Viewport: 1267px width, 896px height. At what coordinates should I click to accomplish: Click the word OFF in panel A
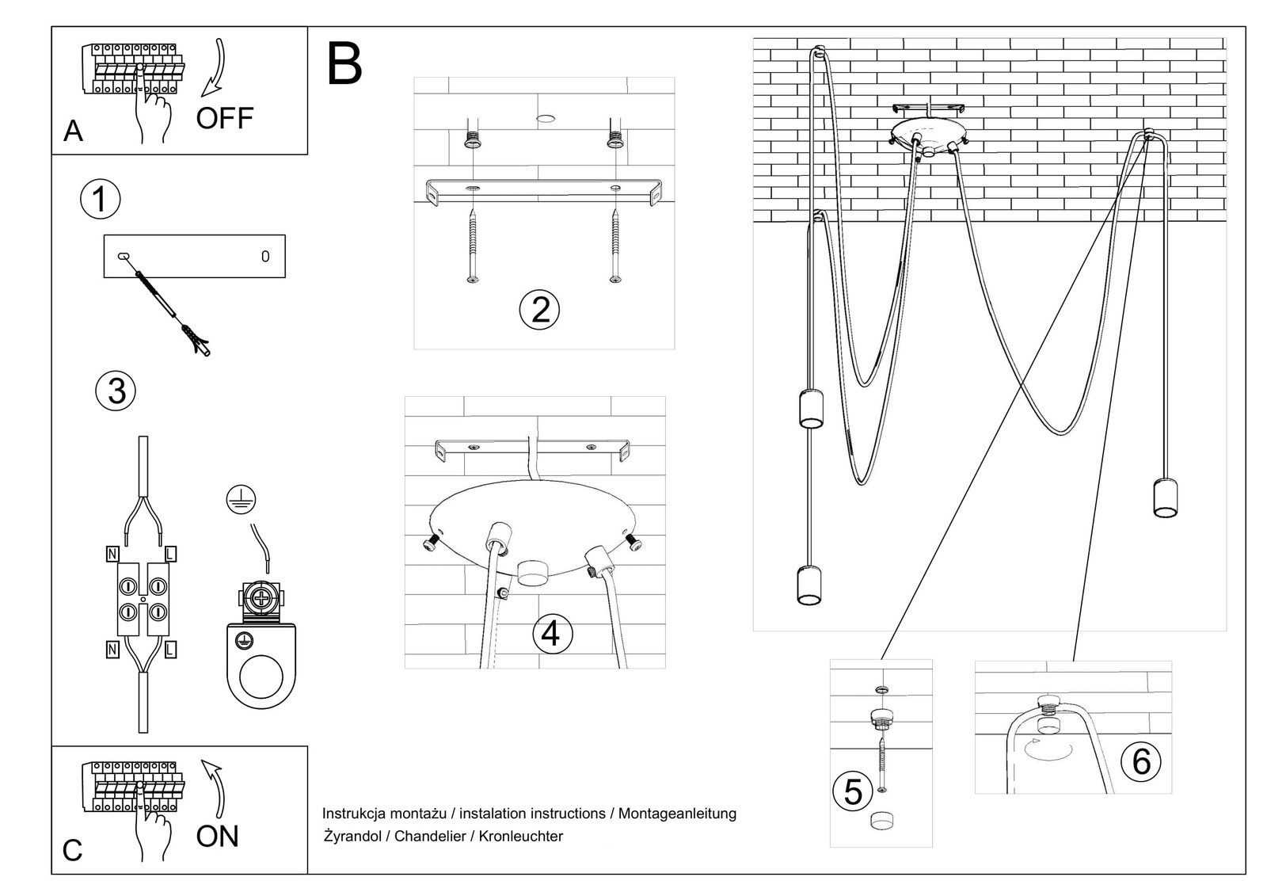point(224,119)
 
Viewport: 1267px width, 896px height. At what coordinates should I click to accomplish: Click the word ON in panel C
point(217,837)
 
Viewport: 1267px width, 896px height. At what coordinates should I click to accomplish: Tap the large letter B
point(344,65)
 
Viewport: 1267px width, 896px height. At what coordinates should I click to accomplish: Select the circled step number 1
point(101,199)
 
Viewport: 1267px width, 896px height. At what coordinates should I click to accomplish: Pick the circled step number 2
point(539,310)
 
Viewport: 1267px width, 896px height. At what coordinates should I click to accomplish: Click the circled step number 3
point(116,391)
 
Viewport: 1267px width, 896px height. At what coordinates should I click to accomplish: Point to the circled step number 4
point(552,635)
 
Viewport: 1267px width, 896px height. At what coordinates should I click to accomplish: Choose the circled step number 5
point(853,791)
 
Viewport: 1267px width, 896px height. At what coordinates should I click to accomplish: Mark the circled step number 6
point(1141,762)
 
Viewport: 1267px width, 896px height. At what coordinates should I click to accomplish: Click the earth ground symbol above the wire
point(241,498)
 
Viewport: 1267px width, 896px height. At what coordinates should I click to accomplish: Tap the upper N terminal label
point(112,554)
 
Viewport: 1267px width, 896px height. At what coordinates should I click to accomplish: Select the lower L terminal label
point(170,650)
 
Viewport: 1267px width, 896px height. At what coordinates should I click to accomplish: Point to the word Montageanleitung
point(677,814)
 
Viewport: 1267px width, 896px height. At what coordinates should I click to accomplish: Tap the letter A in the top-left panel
point(73,131)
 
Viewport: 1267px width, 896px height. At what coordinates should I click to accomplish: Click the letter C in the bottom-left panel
point(72,851)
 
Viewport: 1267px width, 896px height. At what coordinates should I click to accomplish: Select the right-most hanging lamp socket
point(1165,498)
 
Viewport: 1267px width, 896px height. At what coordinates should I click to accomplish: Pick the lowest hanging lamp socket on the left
point(808,585)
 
